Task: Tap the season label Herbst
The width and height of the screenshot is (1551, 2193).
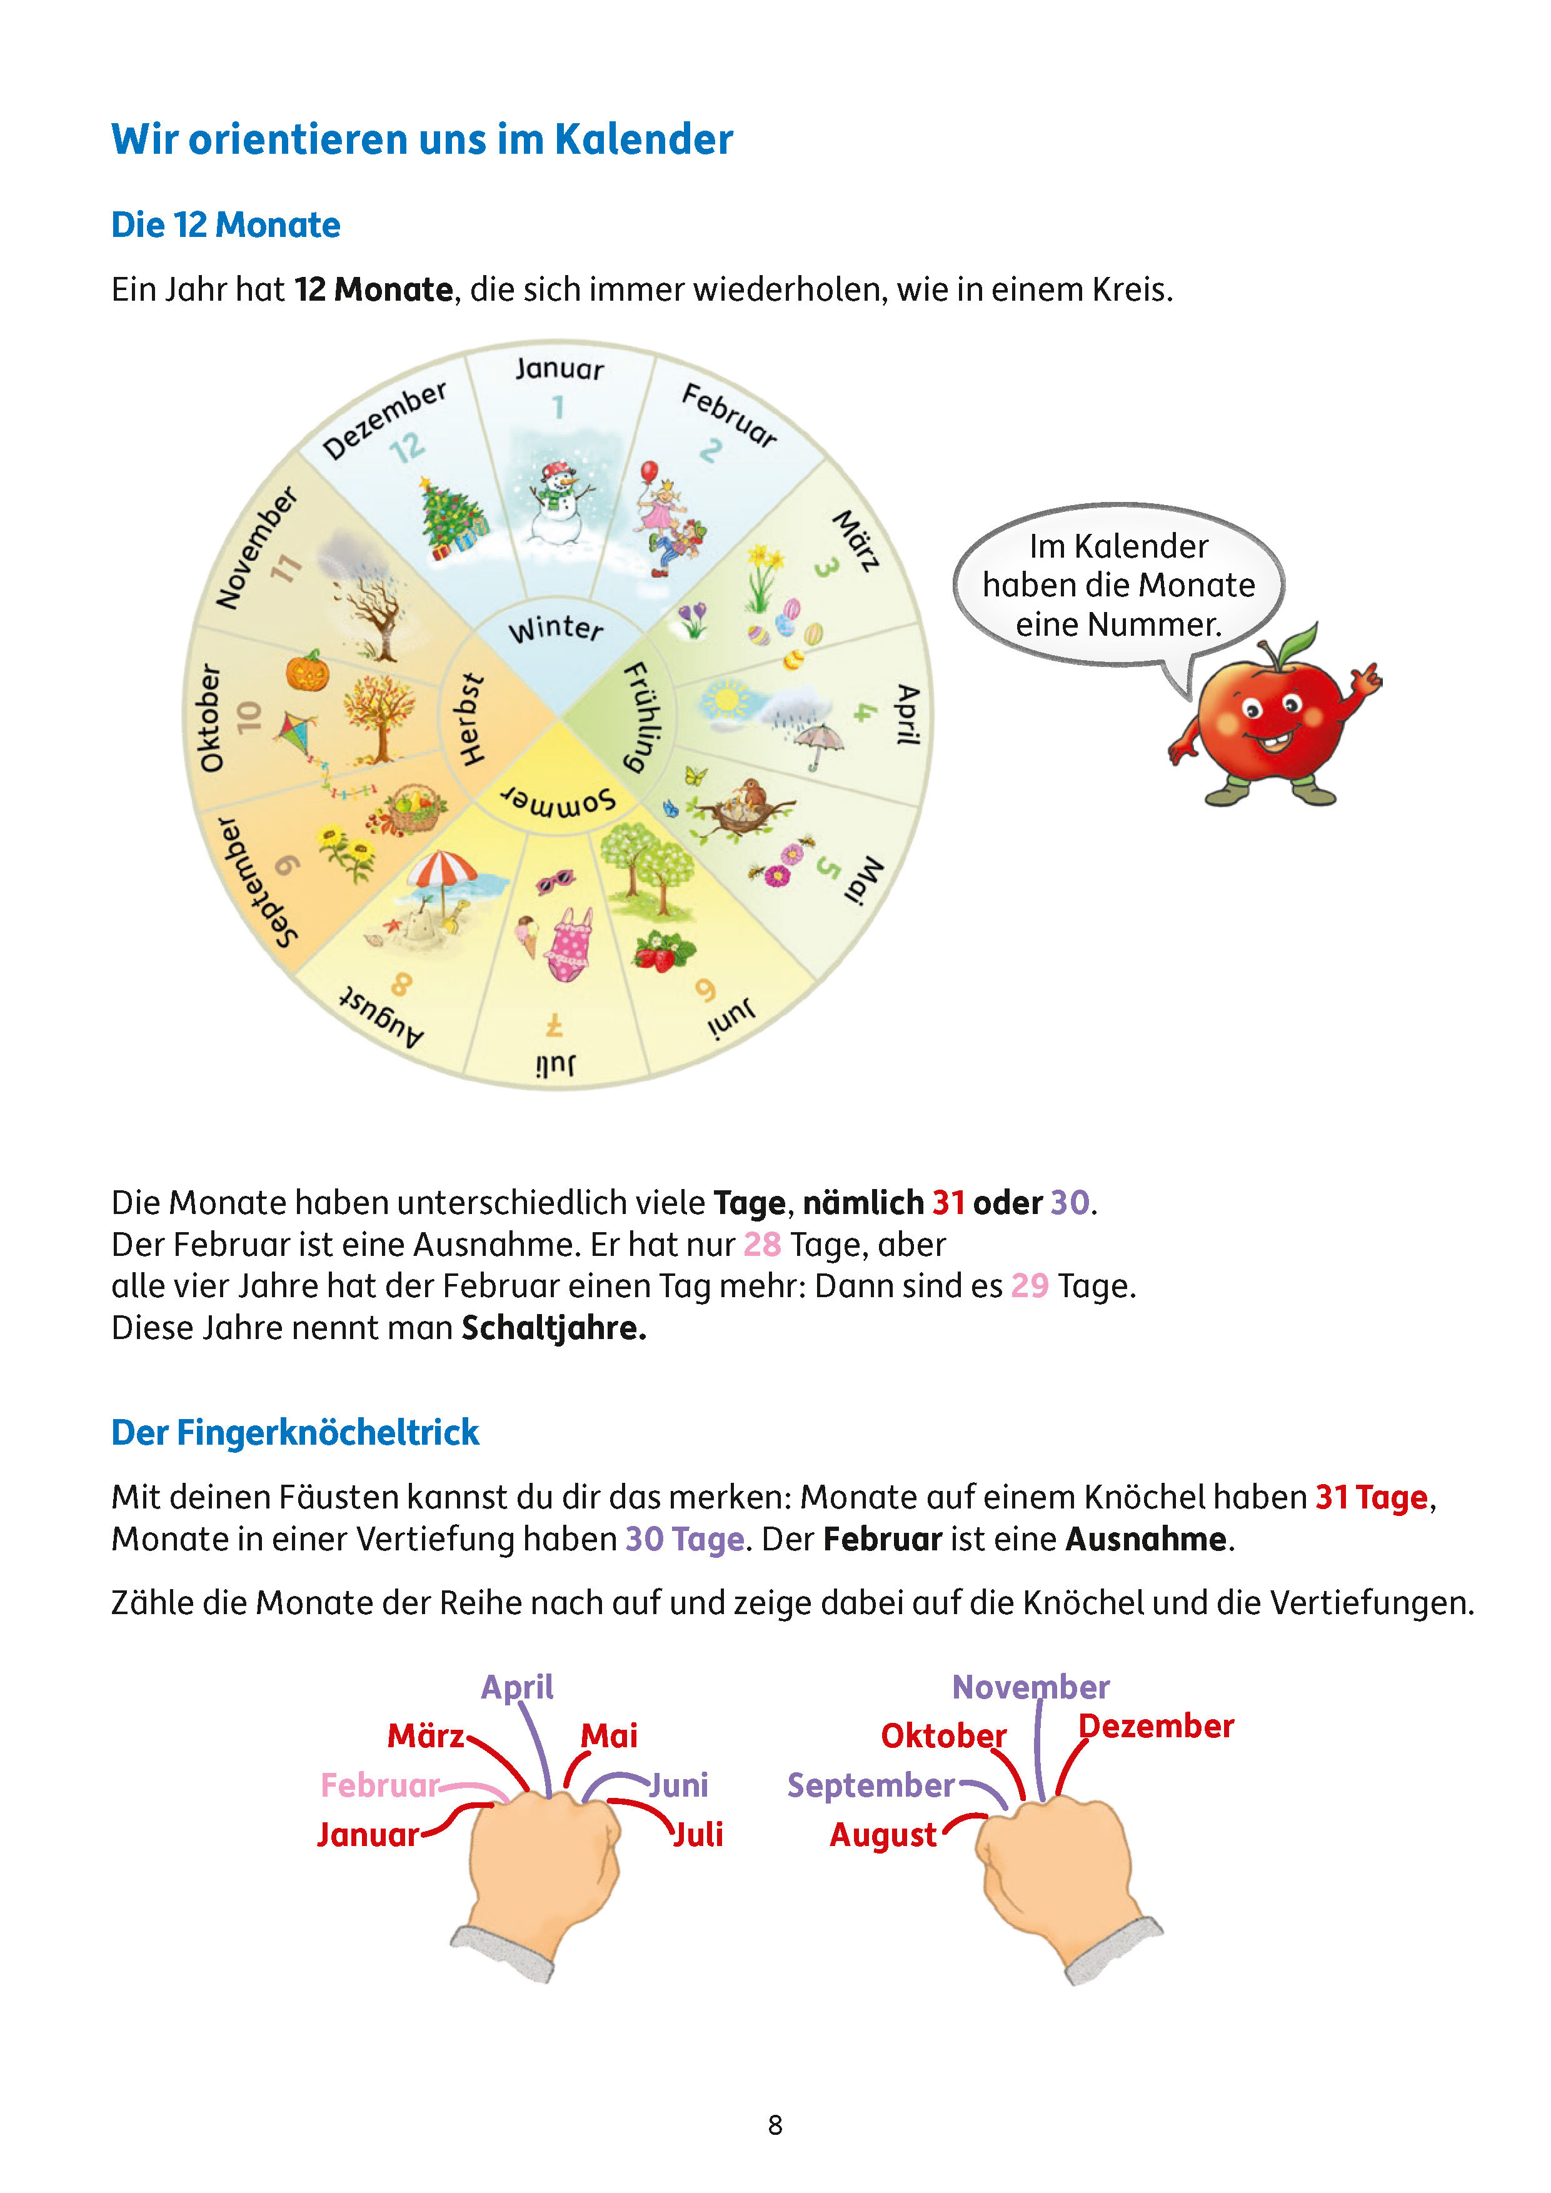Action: (471, 719)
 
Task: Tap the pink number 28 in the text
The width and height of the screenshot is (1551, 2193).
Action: (762, 1245)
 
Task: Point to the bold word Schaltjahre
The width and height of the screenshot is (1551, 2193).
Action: (554, 1328)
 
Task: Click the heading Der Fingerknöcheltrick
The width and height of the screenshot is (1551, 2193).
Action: (295, 1433)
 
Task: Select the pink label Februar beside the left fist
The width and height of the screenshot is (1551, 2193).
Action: (380, 1785)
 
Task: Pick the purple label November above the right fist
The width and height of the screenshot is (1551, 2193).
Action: (1030, 1687)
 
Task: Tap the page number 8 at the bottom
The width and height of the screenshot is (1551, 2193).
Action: (775, 2125)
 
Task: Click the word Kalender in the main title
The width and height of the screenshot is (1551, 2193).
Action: (644, 139)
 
